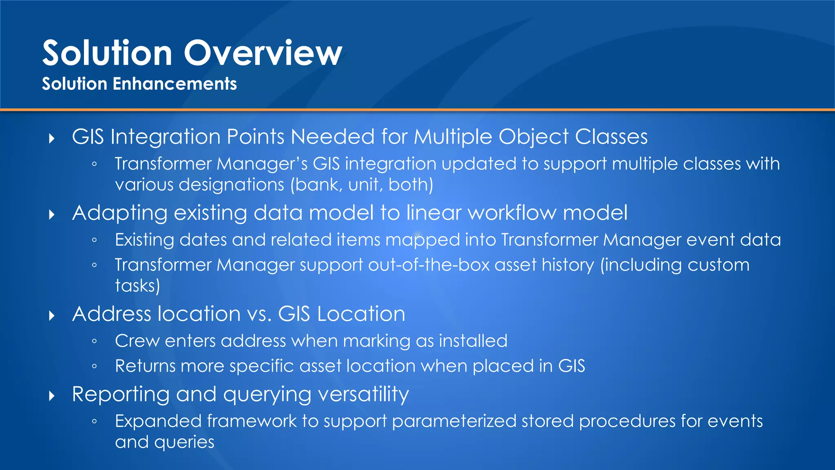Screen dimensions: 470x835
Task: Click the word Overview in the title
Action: tap(263, 53)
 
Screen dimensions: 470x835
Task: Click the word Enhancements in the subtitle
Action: tap(175, 84)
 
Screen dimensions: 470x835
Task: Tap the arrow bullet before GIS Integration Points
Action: tap(52, 139)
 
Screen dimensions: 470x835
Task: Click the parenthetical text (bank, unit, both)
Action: tap(362, 185)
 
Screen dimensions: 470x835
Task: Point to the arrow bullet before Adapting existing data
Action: tap(52, 215)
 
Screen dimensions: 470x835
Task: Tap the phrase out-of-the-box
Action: tap(429, 265)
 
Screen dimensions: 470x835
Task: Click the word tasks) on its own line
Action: tap(137, 286)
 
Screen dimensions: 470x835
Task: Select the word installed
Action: tap(473, 341)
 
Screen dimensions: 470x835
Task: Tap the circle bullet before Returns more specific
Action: tap(94, 366)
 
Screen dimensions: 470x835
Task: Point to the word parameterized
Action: tap(454, 421)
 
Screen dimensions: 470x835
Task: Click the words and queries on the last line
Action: tap(164, 442)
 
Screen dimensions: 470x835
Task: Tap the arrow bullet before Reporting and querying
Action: tap(52, 396)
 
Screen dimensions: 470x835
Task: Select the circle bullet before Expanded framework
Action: tap(94, 421)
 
